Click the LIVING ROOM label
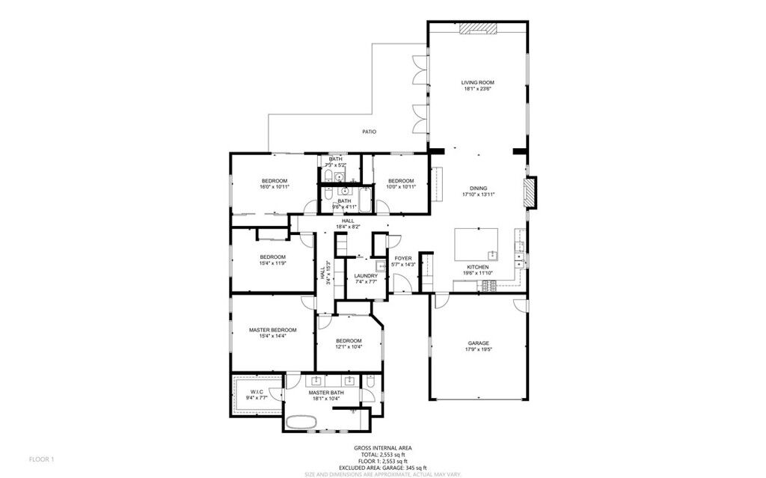point(477,82)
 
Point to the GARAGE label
point(478,343)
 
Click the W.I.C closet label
point(257,391)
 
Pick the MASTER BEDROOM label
point(272,330)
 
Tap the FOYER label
point(403,258)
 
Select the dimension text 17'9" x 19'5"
point(478,349)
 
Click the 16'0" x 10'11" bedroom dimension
point(274,187)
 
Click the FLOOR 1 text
point(42,458)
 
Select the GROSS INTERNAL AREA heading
point(382,448)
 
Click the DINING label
point(478,188)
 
